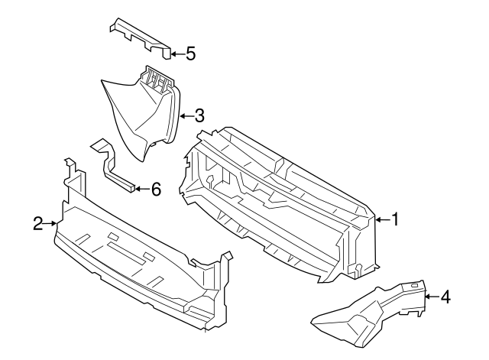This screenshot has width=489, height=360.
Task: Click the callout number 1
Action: (395, 220)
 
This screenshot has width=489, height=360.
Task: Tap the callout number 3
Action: (199, 116)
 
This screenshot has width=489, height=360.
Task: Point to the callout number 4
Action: (445, 297)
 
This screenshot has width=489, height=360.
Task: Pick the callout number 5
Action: (190, 54)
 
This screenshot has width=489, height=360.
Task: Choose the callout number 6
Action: (155, 188)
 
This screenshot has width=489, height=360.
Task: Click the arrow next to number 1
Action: (382, 220)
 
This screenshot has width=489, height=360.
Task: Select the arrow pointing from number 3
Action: (186, 116)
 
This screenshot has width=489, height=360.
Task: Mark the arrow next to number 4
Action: (431, 297)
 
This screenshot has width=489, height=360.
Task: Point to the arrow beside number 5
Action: (176, 54)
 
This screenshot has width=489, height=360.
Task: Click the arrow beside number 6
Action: (141, 188)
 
